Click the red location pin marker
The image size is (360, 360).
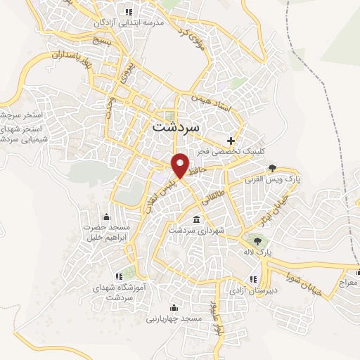click(x=181, y=165)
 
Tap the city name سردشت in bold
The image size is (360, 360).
click(x=176, y=128)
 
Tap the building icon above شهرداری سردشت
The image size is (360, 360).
click(x=197, y=219)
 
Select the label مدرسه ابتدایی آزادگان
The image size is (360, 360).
click(x=129, y=22)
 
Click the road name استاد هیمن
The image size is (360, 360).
click(x=211, y=105)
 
